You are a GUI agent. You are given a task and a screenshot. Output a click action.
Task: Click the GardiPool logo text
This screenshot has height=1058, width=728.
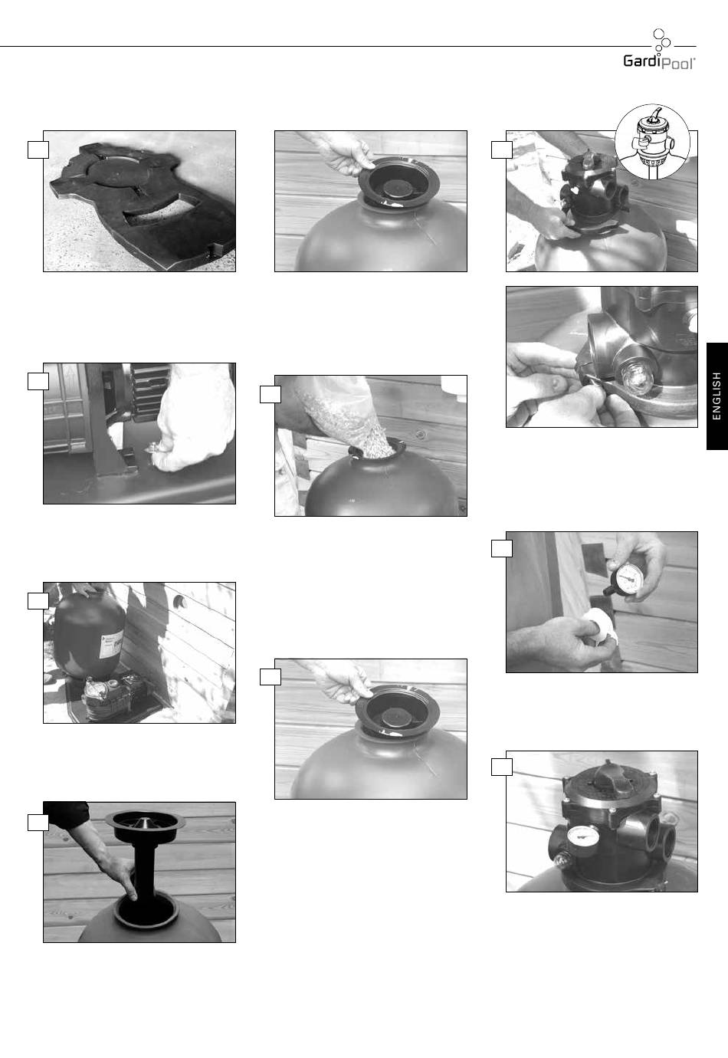pos(659,62)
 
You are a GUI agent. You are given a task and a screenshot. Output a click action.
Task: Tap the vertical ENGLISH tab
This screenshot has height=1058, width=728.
pos(717,396)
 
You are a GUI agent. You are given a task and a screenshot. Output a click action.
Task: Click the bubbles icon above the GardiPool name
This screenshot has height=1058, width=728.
pos(661,40)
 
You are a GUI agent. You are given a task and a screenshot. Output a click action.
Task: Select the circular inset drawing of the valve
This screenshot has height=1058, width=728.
pos(652,142)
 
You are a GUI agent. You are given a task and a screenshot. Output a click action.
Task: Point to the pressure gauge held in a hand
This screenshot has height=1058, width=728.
pos(623,581)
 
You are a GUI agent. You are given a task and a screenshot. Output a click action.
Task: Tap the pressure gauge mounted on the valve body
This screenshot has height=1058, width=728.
pos(584,837)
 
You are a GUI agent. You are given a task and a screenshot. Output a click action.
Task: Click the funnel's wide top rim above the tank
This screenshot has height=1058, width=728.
pos(146,821)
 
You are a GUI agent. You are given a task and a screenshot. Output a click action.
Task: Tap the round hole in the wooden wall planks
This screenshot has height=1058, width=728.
pos(180,602)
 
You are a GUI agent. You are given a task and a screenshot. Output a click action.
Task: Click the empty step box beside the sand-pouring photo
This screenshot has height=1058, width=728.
pos(271,394)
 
